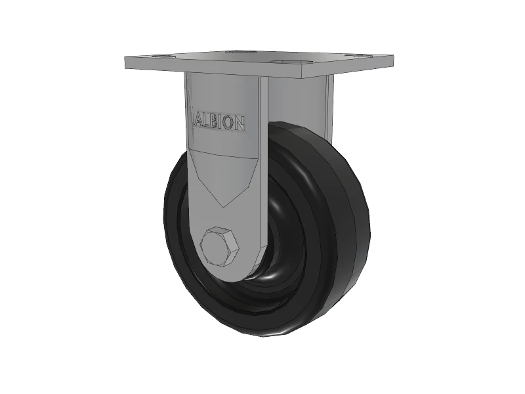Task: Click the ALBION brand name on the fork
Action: tap(219, 122)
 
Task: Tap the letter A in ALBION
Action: tap(196, 121)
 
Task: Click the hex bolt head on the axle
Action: tap(219, 246)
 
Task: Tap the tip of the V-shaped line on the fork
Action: tap(224, 205)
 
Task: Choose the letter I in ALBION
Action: tap(222, 122)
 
